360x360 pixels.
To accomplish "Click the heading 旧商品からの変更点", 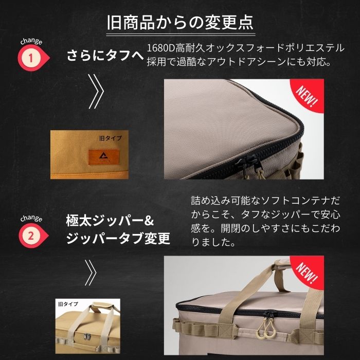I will [x=179, y=24].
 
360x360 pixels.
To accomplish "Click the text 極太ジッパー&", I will [x=110, y=222].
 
